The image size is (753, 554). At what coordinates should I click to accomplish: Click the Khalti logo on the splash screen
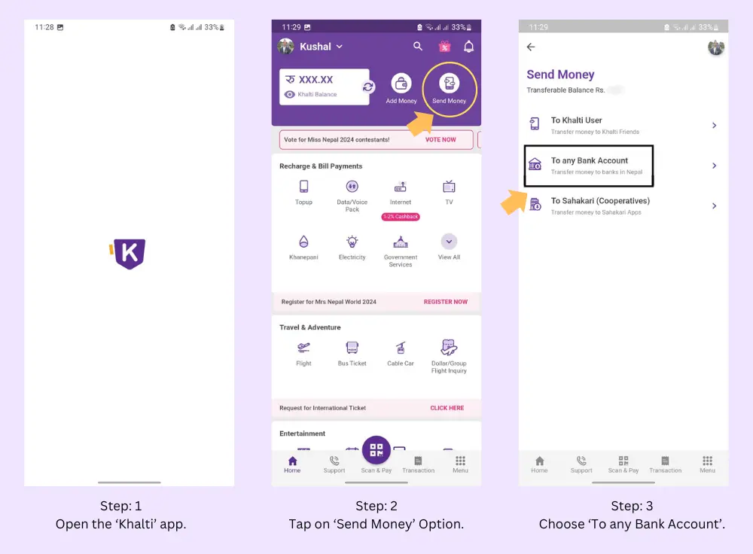coord(129,254)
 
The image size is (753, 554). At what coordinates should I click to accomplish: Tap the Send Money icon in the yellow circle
coord(449,84)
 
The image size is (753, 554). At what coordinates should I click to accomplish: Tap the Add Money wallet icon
coord(401,84)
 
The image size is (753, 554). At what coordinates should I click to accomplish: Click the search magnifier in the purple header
coord(418,47)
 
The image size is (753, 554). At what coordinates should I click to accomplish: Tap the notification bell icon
coord(468,47)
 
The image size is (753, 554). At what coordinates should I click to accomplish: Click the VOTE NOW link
coord(441,140)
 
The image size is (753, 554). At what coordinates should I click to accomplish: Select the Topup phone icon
coord(303,187)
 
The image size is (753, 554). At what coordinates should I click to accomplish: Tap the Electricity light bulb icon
coord(352,242)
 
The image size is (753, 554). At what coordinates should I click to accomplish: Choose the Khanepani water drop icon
coord(303,242)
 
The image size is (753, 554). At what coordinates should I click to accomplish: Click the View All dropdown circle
coord(449,242)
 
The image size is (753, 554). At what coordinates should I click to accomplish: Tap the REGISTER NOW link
coord(445,302)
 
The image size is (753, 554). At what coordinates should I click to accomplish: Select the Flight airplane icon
coord(303,348)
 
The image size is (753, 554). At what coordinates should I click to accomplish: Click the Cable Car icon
coord(401,348)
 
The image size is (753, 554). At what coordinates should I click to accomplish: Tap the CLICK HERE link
coord(447,408)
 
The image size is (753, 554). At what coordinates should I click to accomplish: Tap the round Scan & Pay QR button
coord(376,450)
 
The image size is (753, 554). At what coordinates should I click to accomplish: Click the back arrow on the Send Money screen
coord(531,47)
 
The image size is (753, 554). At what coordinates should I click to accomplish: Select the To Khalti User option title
coord(576,120)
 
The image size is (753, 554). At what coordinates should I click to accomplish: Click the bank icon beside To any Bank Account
coord(535,165)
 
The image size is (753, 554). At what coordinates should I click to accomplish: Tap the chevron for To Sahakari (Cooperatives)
coord(714,206)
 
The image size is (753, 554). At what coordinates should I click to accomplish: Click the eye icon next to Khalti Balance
coord(290,95)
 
